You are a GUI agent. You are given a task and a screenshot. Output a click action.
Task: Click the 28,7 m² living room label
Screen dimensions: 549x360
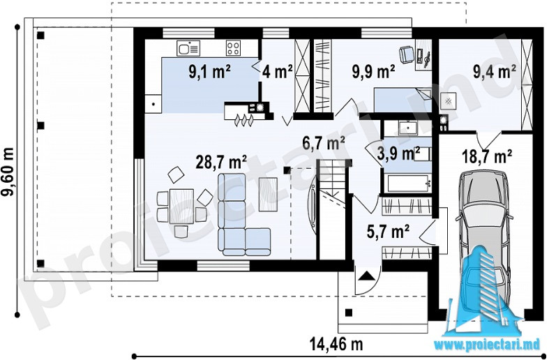point(221,163)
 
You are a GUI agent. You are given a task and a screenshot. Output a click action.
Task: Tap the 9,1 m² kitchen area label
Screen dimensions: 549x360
point(209,72)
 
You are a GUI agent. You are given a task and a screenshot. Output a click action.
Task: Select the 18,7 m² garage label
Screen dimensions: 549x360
point(487,156)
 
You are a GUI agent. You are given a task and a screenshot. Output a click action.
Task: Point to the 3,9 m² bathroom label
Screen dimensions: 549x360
point(398,153)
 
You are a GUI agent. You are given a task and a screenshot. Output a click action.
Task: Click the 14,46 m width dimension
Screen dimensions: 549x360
point(336,344)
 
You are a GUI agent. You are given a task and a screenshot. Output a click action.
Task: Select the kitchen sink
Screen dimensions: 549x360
point(188,48)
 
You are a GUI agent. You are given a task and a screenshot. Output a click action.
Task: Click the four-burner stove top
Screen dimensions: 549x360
point(233,48)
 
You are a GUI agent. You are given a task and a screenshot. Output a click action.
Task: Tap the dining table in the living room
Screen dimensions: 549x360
point(181,207)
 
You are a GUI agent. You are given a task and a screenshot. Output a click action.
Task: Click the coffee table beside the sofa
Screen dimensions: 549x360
point(268,194)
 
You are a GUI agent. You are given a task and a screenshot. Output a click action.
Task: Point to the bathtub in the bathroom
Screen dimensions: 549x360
point(408,183)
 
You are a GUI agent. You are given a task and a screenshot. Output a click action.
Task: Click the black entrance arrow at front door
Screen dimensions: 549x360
point(366,276)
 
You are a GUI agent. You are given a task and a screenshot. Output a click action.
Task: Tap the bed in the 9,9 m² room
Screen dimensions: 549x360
point(403,100)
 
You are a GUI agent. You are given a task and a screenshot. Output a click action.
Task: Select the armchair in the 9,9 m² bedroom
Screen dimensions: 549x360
point(407,55)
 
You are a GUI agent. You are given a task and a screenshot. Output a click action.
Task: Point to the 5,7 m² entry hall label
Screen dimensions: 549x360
point(388,232)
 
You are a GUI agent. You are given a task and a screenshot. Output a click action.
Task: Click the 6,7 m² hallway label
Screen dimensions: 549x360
point(324,143)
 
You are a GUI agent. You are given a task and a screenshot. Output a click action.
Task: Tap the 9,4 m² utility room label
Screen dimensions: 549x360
point(494,71)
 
